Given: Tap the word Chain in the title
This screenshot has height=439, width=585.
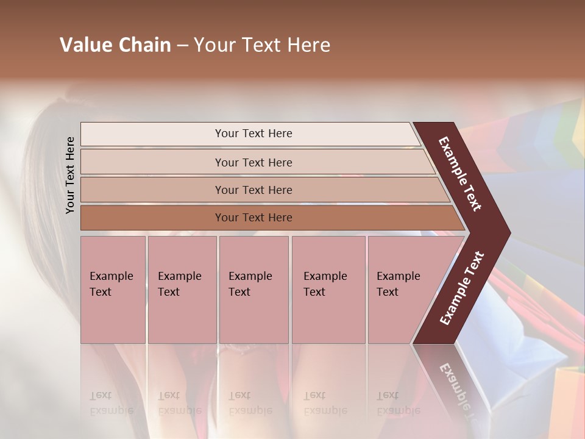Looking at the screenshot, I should click(x=145, y=45).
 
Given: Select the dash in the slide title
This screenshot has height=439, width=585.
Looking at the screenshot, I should click(x=182, y=46).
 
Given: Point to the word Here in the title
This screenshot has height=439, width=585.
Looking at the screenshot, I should click(x=308, y=45).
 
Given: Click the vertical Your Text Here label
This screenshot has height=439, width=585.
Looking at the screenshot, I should click(x=70, y=175).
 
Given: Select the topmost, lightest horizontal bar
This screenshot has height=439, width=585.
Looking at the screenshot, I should click(x=250, y=134).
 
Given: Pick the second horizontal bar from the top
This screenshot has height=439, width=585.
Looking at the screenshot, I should click(x=256, y=162).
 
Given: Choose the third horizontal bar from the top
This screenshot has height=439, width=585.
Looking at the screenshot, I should click(x=262, y=190).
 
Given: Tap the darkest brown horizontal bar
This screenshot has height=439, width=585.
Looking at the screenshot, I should click(x=268, y=218).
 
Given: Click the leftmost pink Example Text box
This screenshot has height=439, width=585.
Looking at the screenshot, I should click(x=113, y=290).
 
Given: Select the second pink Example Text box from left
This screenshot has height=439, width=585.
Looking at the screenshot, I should click(x=182, y=290).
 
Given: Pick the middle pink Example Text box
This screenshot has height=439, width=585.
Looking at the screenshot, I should click(x=253, y=290).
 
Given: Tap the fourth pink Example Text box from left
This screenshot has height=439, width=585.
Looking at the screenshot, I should click(x=328, y=290).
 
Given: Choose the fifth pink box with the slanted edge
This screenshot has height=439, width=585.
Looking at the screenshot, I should click(x=402, y=290).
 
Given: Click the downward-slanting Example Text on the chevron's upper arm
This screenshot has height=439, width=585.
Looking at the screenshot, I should click(x=460, y=174).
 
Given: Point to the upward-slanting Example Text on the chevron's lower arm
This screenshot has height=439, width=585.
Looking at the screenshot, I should click(x=462, y=288).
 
